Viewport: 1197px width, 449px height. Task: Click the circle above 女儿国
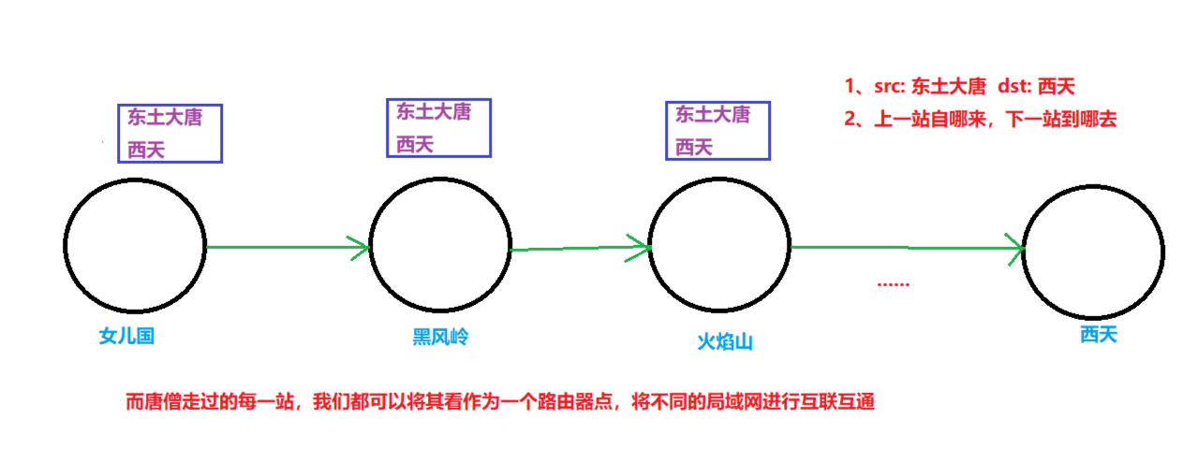pyautogui.click(x=135, y=245)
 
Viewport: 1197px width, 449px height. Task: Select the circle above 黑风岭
pyautogui.click(x=440, y=246)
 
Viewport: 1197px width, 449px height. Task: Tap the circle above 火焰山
pyautogui.click(x=719, y=246)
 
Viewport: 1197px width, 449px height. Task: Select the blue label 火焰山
pyautogui.click(x=725, y=341)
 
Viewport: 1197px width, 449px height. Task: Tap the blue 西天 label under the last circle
pyautogui.click(x=1098, y=334)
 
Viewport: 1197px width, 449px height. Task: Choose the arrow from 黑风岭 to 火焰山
pyautogui.click(x=581, y=248)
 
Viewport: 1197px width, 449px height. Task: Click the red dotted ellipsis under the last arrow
pyautogui.click(x=893, y=283)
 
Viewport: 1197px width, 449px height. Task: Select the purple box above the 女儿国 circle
pyautogui.click(x=170, y=133)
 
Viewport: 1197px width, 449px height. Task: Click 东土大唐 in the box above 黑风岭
pyautogui.click(x=434, y=112)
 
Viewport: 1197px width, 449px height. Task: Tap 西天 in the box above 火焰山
pyautogui.click(x=694, y=147)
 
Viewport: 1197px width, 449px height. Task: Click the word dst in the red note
pyautogui.click(x=1012, y=87)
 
